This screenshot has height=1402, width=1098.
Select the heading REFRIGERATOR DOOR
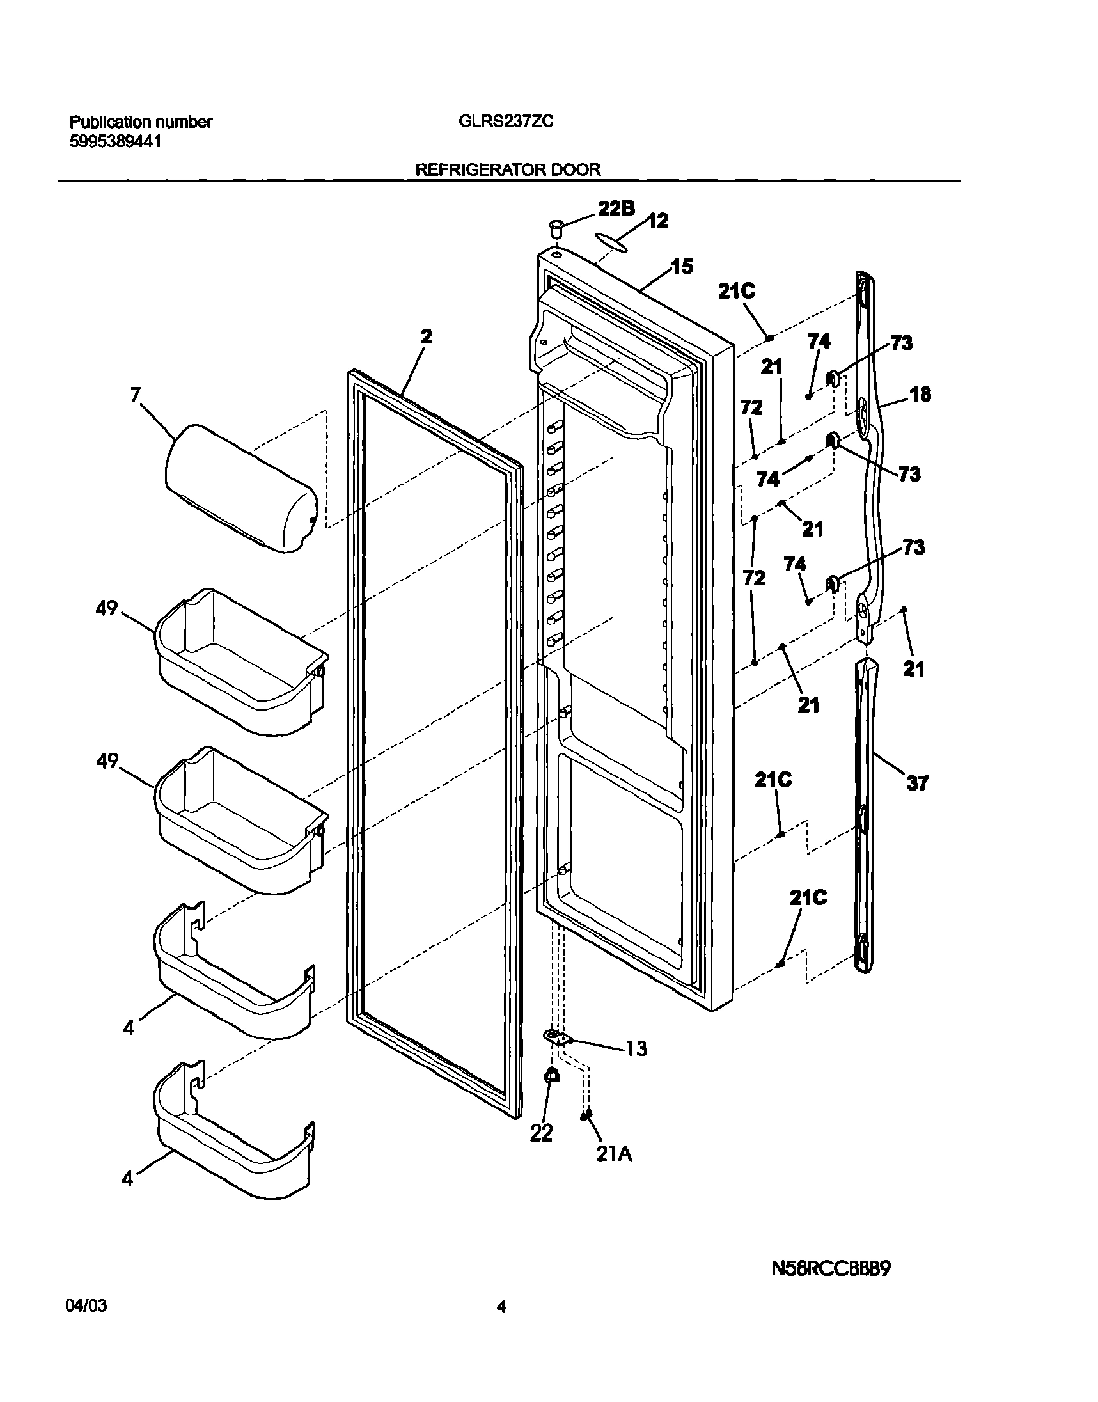point(508,169)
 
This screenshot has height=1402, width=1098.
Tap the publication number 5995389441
point(115,141)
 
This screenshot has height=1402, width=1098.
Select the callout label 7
point(135,394)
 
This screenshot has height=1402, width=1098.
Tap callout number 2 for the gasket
point(426,336)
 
